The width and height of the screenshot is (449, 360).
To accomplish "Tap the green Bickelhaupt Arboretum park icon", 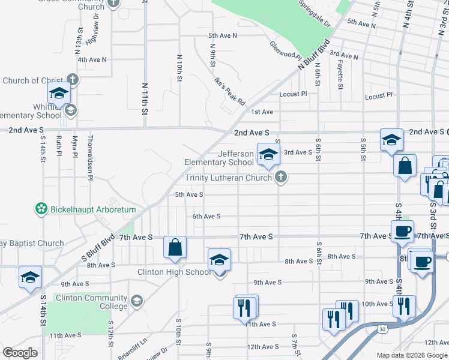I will point(41,209).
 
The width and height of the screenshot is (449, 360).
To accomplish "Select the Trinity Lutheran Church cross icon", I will point(280,177).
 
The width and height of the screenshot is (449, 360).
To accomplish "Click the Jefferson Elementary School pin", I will point(268,154).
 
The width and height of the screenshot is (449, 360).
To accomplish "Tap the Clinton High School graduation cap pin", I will point(219,260).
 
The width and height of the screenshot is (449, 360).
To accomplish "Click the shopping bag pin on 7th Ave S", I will point(175,247).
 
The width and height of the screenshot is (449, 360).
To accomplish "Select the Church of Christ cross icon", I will point(72,80).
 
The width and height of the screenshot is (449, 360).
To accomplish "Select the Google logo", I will point(20,352).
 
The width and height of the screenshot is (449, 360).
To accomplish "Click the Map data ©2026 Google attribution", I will point(411,355).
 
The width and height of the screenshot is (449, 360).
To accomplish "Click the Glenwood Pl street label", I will point(285,50).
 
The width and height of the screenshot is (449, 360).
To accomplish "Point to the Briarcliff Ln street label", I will point(133,347).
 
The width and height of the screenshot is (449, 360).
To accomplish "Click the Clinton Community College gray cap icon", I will point(137,301).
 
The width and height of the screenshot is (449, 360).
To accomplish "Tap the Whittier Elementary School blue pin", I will point(59,94).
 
